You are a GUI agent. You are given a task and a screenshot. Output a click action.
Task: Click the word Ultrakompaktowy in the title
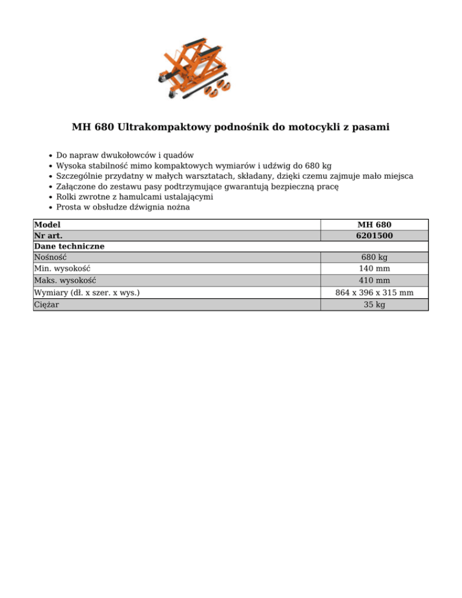161,127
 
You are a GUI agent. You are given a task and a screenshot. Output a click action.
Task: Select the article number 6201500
374,235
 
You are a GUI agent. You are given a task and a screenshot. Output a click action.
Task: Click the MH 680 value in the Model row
374,224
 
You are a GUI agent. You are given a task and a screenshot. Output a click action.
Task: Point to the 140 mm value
374,269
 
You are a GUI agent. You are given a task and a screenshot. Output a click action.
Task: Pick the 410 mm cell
374,280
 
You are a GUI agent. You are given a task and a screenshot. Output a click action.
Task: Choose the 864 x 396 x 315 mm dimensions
374,293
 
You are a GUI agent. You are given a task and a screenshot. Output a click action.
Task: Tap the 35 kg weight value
374,304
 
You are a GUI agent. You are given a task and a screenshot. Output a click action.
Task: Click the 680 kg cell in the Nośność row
374,257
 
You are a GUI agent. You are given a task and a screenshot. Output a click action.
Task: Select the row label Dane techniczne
69,247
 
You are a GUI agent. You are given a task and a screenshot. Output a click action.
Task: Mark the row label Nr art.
49,235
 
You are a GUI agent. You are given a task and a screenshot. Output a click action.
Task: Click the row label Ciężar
48,304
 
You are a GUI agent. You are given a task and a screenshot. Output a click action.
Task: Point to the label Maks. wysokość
66,280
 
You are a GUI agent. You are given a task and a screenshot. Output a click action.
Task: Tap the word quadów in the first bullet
179,155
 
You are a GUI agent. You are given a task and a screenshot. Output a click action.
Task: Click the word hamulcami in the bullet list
152,196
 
